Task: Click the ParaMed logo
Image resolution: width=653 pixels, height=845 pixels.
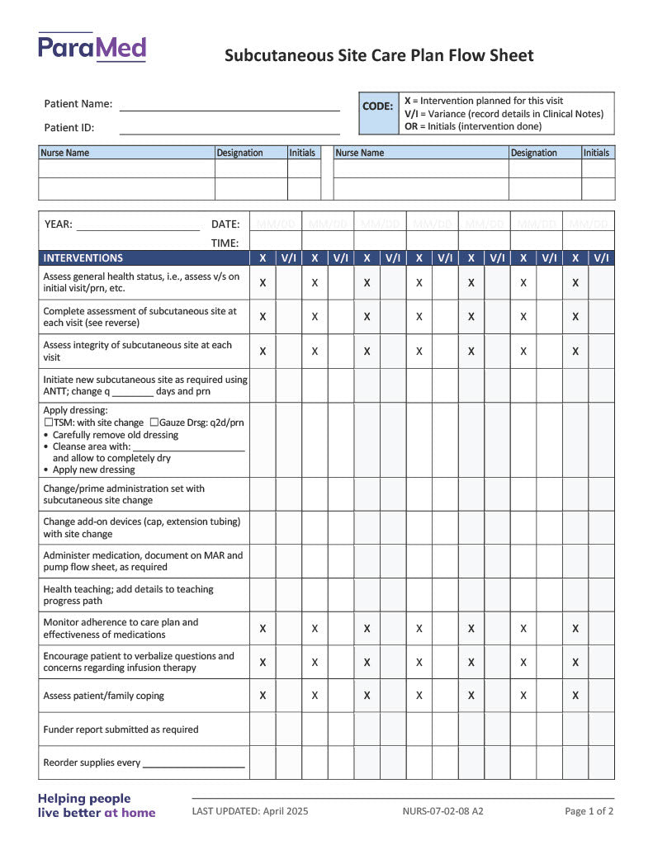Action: [x=92, y=48]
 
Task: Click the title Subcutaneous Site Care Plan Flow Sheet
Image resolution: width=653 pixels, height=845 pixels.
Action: [x=379, y=56]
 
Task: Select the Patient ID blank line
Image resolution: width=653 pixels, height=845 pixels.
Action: [x=229, y=131]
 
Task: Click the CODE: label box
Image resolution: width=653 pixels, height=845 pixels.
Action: [x=378, y=106]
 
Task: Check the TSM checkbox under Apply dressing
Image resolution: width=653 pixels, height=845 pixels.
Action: [x=48, y=422]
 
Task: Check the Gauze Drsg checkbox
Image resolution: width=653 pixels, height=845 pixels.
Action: [x=154, y=422]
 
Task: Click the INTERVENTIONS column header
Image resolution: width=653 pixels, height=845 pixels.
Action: [x=83, y=258]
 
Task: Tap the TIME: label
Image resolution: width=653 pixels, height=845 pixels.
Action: [x=225, y=243]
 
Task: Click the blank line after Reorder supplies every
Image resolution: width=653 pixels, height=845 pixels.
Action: [x=193, y=765]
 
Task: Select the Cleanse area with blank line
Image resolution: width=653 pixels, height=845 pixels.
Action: [x=188, y=448]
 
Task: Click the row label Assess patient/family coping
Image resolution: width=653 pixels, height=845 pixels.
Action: [x=104, y=696]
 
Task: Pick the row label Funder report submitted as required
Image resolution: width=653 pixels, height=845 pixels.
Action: [x=121, y=729]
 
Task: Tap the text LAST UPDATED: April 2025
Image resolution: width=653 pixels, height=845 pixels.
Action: [x=250, y=812]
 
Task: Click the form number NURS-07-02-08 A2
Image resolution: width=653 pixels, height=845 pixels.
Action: [x=443, y=812]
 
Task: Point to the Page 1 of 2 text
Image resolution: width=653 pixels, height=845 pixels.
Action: [x=589, y=812]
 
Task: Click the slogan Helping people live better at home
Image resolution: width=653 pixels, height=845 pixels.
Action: [x=97, y=805]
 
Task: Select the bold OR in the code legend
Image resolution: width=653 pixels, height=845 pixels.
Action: [x=410, y=127]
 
